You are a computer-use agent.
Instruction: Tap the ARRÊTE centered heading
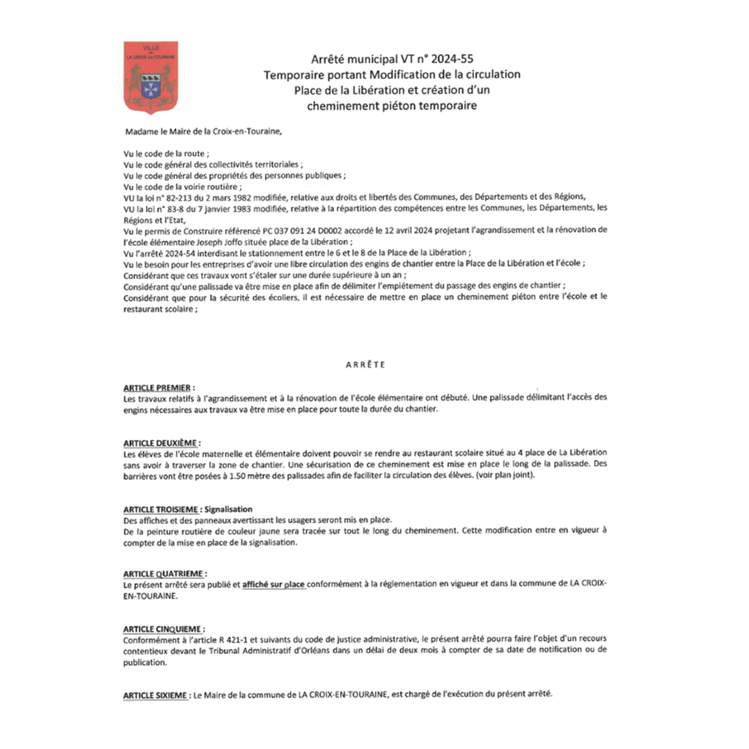point(363,365)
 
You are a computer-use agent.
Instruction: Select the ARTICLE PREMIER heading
point(157,388)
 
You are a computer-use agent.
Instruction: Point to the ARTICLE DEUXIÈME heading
point(161,442)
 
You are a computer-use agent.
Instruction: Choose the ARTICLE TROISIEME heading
point(161,509)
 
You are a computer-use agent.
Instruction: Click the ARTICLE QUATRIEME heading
point(162,574)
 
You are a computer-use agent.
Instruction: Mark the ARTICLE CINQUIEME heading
point(162,629)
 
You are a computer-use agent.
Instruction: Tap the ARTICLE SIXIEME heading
point(155,695)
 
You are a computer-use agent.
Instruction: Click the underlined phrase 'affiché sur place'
point(273,586)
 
